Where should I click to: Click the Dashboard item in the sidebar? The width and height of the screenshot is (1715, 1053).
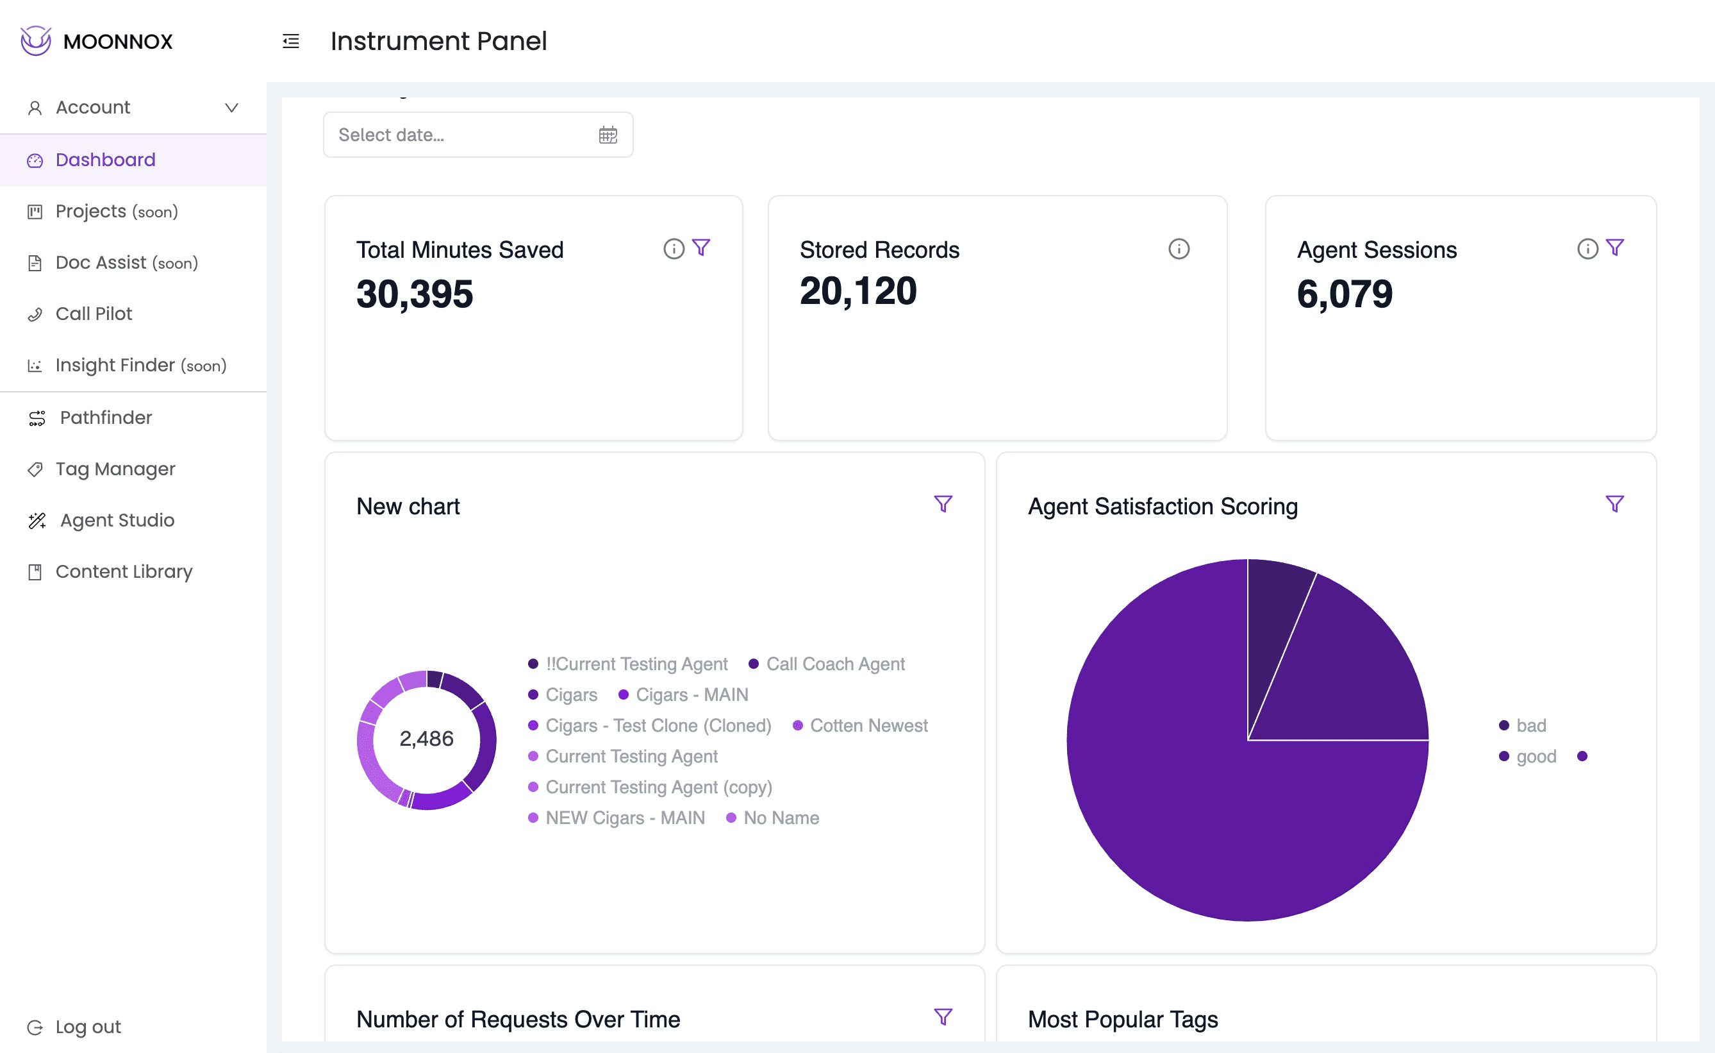(105, 160)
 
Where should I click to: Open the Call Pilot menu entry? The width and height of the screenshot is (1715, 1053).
(94, 314)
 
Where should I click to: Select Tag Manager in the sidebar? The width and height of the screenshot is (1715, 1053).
(115, 469)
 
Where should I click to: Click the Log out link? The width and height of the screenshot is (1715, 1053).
(87, 1027)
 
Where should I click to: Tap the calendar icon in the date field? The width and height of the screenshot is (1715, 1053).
(608, 135)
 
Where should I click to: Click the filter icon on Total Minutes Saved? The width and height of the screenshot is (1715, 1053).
(701, 248)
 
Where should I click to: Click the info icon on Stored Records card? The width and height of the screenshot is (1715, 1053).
(1179, 249)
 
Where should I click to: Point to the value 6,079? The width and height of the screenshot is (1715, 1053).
(1344, 294)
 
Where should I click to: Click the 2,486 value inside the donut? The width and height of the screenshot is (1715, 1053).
(426, 738)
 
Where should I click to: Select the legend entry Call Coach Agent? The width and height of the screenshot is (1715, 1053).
(834, 664)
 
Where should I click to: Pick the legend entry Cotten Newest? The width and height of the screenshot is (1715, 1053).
(868, 726)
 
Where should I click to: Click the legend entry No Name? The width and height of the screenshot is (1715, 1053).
(780, 818)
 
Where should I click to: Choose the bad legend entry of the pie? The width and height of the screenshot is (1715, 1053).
(1530, 726)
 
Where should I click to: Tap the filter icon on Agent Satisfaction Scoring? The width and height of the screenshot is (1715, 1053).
(1614, 504)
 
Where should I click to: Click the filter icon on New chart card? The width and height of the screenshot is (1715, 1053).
(942, 504)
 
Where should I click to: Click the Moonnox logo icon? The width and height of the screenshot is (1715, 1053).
(35, 41)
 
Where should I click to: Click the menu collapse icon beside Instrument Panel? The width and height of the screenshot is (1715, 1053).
(291, 42)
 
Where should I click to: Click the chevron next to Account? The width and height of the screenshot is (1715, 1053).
(232, 108)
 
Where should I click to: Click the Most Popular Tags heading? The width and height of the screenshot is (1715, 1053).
(1122, 1020)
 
